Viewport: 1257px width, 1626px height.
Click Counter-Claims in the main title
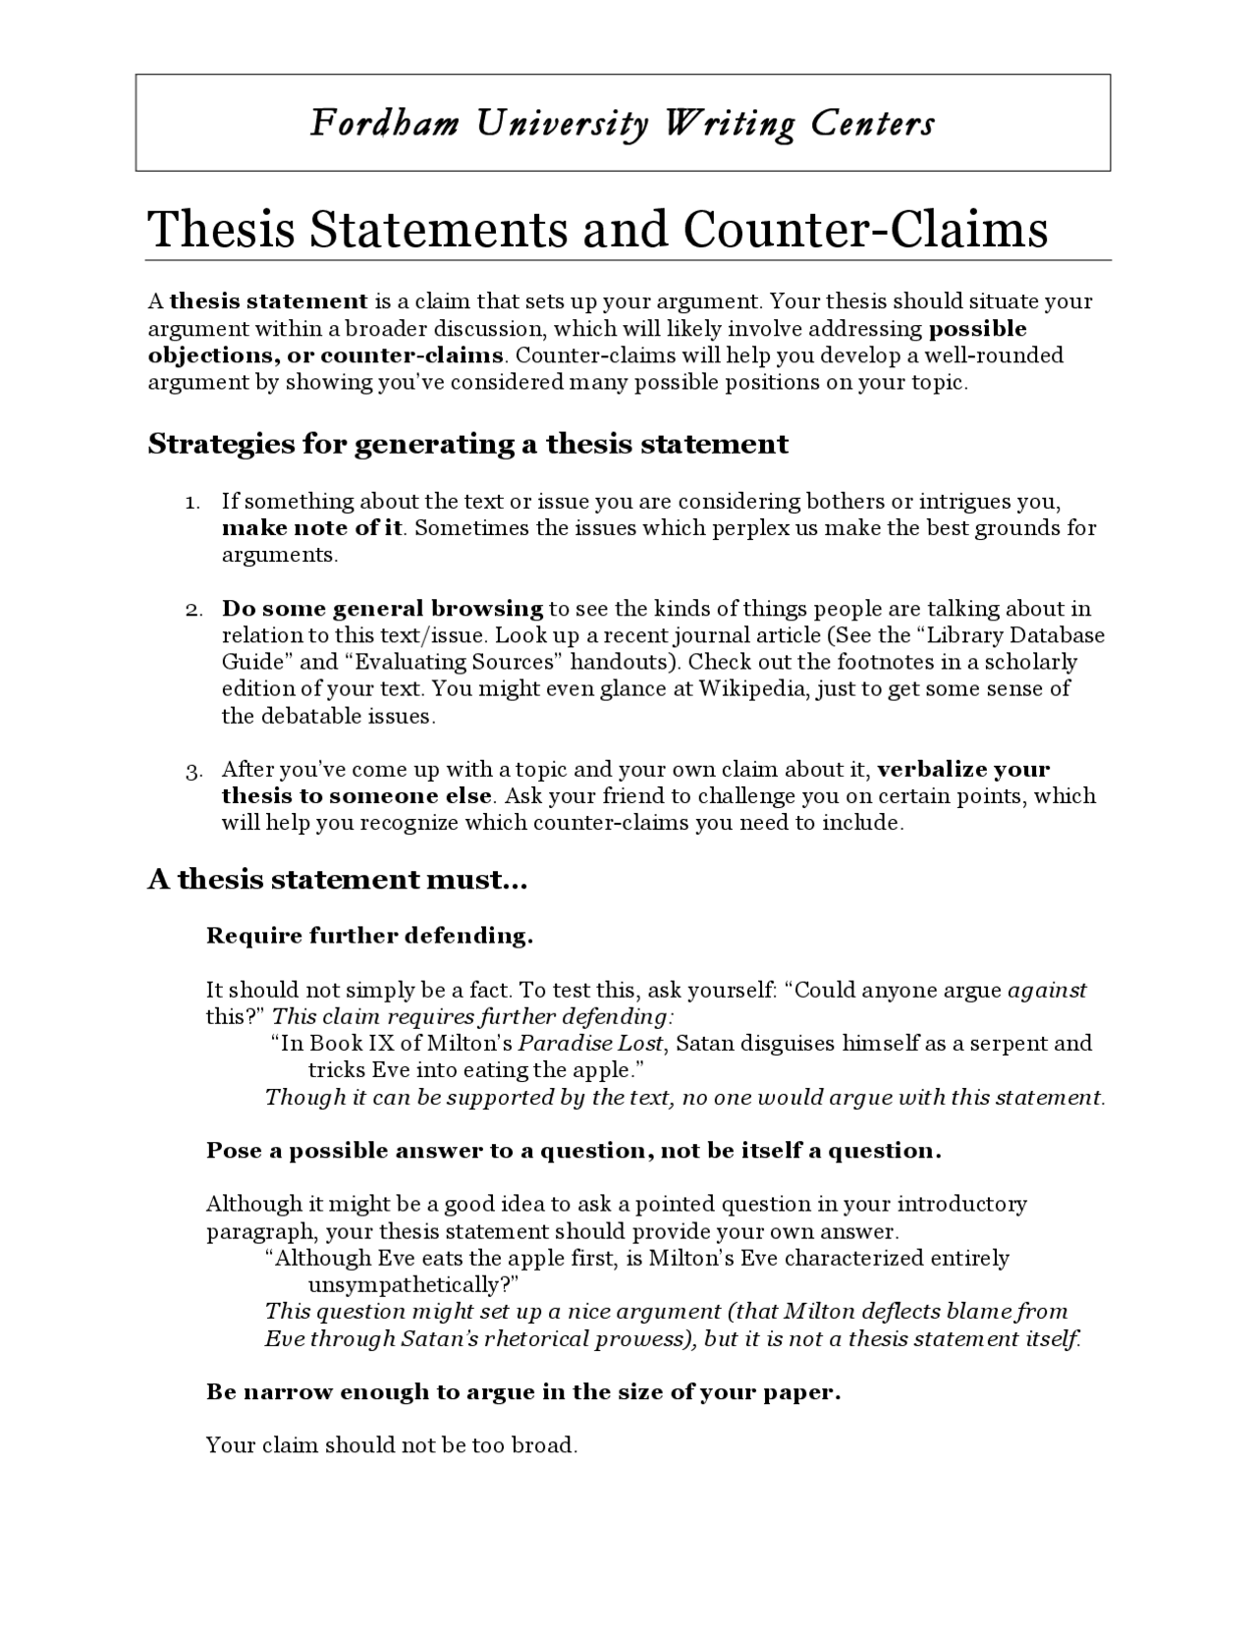(x=865, y=230)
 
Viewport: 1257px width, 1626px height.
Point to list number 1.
(x=192, y=503)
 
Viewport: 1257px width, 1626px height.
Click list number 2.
(x=192, y=610)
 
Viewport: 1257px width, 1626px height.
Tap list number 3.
(x=192, y=771)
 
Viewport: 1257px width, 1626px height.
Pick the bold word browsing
(x=486, y=609)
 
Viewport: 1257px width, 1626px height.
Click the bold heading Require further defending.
(x=369, y=936)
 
